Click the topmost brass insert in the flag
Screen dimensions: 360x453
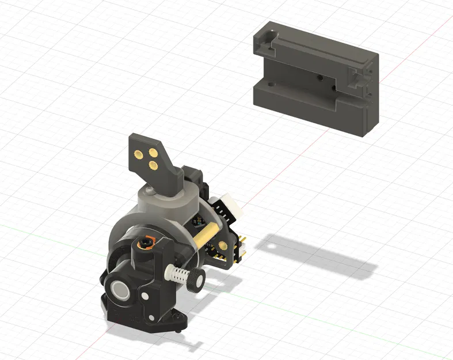tap(139, 153)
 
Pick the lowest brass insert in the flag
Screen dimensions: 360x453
tap(153, 165)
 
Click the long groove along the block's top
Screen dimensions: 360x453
tap(322, 53)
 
